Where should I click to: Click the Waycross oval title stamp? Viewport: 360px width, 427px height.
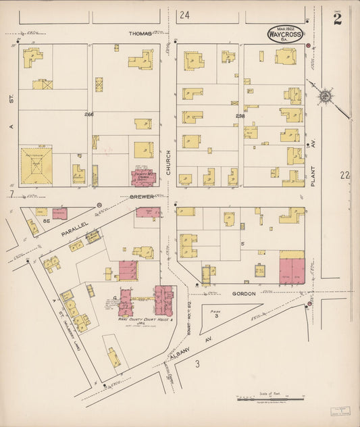[x=285, y=34]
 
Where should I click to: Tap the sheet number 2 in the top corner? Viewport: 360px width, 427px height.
[x=336, y=19]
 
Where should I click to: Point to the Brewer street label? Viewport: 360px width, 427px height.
[x=133, y=197]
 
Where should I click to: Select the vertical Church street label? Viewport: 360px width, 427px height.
[x=169, y=162]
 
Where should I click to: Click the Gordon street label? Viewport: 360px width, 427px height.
[x=243, y=294]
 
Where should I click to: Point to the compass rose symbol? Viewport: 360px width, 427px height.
[x=325, y=97]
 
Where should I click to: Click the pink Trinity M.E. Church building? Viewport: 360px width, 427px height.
[x=143, y=178]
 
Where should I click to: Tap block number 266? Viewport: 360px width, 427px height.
[x=88, y=114]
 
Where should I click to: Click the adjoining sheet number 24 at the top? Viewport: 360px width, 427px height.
[x=184, y=14]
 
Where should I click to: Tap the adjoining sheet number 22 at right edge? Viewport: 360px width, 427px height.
[x=345, y=175]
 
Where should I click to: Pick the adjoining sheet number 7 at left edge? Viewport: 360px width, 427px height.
[x=11, y=195]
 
